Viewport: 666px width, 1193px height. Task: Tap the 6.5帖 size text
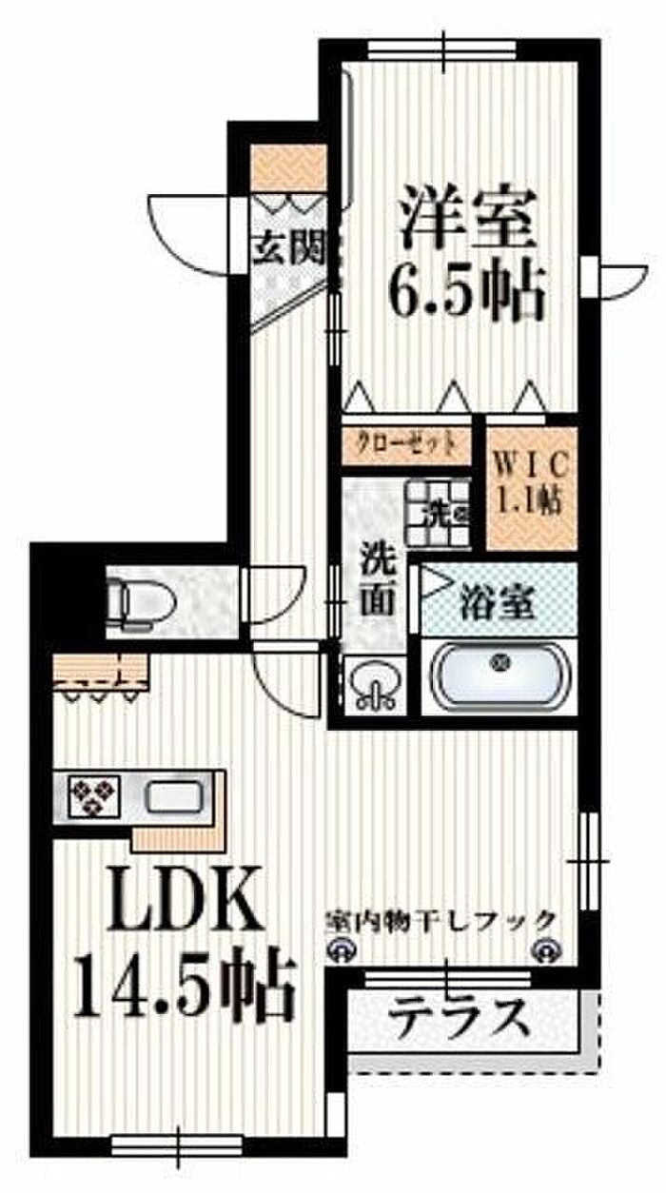465,291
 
